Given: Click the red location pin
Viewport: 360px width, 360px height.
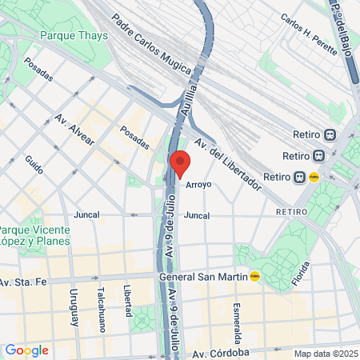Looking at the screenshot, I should tap(180, 162).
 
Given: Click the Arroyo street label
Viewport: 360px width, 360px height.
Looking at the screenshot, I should tap(198, 185).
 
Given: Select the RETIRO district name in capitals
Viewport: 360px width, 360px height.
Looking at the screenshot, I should tap(291, 212).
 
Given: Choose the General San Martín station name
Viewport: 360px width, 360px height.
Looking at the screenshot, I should tap(203, 277).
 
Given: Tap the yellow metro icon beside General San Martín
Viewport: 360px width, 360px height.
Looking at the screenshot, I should tap(255, 277).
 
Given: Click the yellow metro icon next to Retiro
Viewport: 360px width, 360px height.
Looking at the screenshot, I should tap(314, 178).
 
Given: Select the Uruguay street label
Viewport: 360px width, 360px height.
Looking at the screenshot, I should tap(73, 307).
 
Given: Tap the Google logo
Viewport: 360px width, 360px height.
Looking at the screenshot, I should tap(26, 350).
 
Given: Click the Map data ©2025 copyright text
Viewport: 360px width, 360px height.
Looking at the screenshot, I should tap(325, 354).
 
